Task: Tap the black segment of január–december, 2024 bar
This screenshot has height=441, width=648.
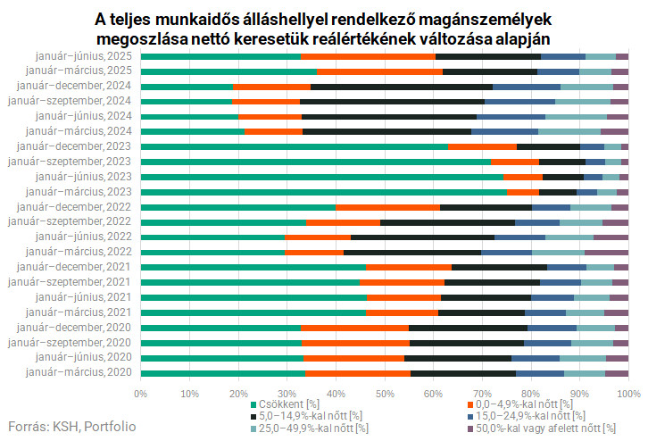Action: [402, 87]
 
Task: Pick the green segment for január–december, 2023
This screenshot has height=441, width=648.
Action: [295, 146]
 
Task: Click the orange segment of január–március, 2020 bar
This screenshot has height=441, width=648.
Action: [357, 372]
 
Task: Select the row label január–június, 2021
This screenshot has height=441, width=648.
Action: [83, 297]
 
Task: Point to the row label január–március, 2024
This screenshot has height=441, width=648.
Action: [82, 131]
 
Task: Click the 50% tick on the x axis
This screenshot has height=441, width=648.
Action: [385, 392]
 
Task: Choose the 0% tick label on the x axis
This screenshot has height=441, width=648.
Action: [141, 392]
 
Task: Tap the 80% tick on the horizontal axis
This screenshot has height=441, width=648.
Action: [531, 392]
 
